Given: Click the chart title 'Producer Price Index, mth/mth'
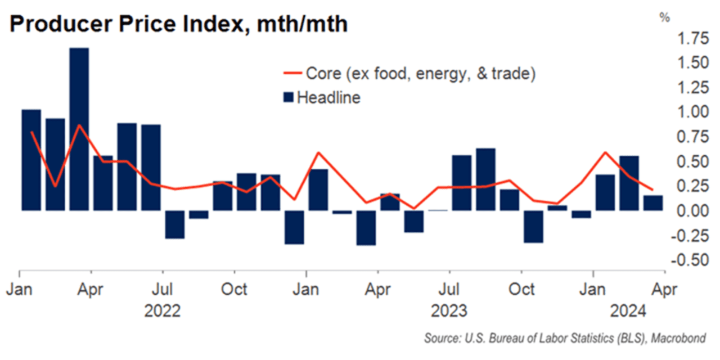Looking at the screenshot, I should [178, 24].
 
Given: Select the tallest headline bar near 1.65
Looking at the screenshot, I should [78, 129].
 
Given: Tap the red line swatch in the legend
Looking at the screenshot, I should [292, 73].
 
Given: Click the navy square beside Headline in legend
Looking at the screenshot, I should [289, 97].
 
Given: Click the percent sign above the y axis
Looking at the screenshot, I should [664, 17].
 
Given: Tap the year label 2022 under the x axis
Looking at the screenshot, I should [163, 311].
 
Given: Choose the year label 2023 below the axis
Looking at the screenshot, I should [449, 311].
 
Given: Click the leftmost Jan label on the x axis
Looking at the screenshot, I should [20, 289].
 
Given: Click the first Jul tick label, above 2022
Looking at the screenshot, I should [163, 289].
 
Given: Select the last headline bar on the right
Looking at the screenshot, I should [653, 203].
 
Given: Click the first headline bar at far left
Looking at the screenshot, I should [31, 160].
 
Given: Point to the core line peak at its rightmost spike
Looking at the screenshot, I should [605, 152].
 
